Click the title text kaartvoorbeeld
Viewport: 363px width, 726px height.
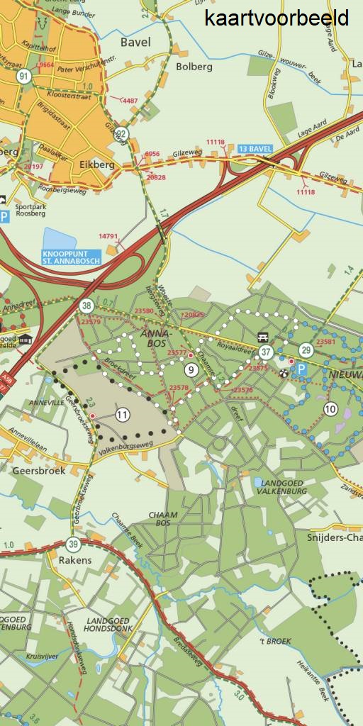coord(277,18)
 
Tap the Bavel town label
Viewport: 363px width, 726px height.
coord(135,43)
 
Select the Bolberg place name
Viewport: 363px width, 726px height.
coord(194,67)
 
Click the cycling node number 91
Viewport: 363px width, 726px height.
coord(25,77)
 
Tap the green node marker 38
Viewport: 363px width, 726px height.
coord(86,306)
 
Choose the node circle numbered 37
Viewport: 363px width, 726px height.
coord(266,352)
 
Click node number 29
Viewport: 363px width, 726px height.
coord(306,350)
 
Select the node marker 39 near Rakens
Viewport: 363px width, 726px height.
coord(74,544)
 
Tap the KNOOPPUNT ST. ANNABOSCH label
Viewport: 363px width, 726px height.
coord(71,256)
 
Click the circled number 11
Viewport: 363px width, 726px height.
coord(123,415)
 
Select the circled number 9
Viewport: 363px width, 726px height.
coord(191,369)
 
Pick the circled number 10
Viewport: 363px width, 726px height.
coord(330,408)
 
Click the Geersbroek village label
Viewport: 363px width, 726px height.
coord(39,470)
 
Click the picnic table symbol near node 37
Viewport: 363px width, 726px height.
coord(263,337)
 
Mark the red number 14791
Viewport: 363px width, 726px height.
coord(108,236)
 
